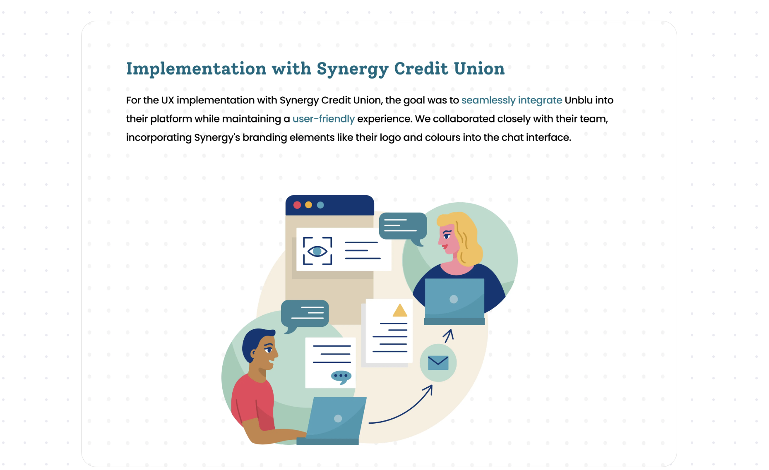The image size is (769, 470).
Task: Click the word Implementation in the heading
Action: pos(196,69)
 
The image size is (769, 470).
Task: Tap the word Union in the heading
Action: pos(479,69)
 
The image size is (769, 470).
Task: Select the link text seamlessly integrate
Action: pos(512,101)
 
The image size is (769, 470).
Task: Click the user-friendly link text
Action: pos(323,119)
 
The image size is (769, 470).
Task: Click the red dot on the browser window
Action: pos(297,205)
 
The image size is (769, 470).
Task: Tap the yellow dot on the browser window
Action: pos(308,205)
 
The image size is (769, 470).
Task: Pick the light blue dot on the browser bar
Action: pos(320,205)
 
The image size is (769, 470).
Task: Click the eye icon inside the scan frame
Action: pos(317,251)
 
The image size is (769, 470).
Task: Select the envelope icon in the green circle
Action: pos(438,363)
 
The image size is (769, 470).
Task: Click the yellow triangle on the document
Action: pos(400,310)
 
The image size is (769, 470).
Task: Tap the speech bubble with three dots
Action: pos(341,377)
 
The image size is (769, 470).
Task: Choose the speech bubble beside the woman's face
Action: pos(403,228)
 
